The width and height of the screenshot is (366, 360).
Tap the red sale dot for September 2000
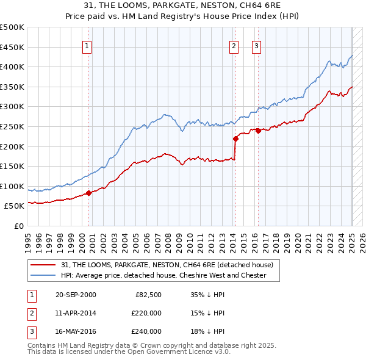88,193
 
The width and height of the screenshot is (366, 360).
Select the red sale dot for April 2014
235,139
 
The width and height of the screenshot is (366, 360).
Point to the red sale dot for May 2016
258,131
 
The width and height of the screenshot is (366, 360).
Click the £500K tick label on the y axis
12,27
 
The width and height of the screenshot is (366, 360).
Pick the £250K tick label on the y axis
12,126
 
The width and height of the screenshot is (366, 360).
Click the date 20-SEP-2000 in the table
76,295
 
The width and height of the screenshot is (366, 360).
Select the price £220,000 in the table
146,313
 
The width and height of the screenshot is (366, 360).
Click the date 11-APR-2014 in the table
76,313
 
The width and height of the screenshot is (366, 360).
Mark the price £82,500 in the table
148,295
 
